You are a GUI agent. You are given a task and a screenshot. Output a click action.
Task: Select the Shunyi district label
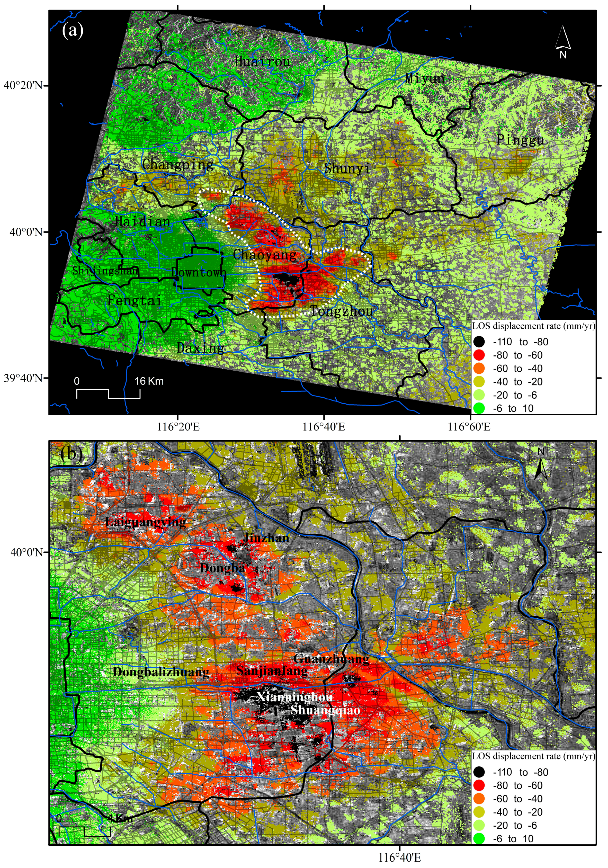347,168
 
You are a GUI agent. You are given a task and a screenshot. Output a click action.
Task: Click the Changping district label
178,164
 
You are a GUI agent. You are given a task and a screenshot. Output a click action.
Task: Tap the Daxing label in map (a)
201,348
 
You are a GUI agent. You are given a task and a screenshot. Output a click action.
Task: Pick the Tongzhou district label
342,311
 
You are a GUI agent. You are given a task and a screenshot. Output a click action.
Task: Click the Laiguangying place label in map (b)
145,522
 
